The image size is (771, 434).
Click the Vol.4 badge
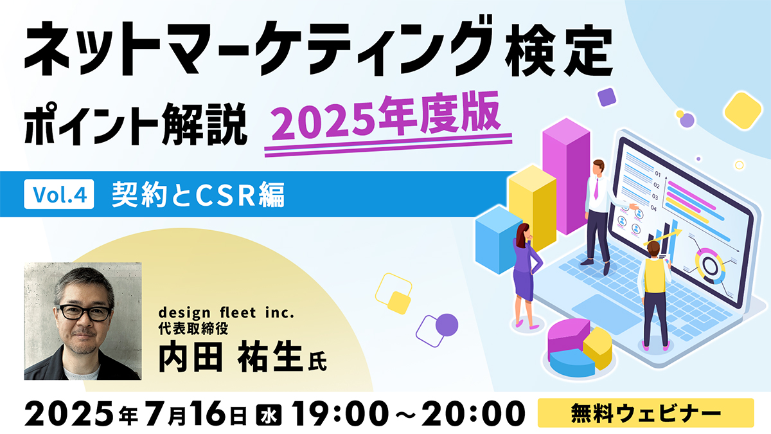coord(59,194)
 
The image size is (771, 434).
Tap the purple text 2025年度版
coord(386,116)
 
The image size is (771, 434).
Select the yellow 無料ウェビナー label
coord(646,413)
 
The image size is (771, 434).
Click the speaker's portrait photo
coord(83,321)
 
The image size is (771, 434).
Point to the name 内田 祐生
coord(230,356)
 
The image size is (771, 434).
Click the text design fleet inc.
coord(226,312)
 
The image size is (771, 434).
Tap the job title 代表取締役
coord(193,329)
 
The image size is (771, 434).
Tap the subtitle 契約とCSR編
coord(199,195)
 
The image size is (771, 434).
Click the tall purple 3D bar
coord(566,176)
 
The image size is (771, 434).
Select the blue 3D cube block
coord(499,240)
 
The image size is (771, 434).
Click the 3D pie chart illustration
coord(580,347)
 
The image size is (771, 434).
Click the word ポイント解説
coord(136,124)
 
